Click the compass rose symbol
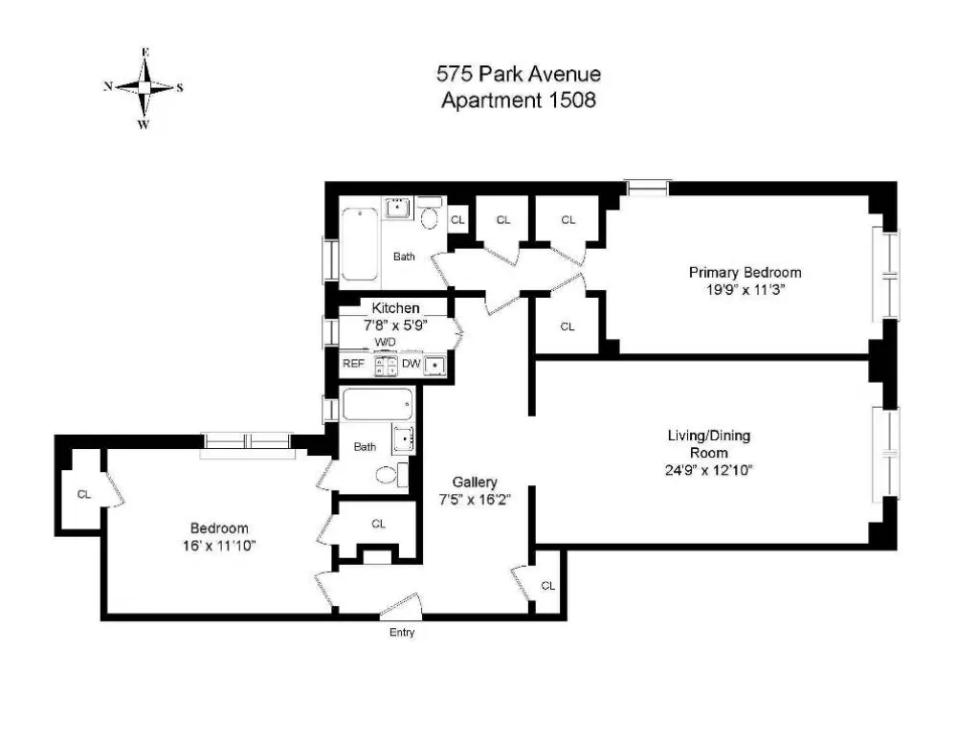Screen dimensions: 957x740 click(x=145, y=88)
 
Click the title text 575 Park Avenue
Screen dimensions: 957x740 click(x=518, y=75)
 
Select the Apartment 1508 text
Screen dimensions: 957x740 click(x=518, y=101)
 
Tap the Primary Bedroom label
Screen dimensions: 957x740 click(x=745, y=272)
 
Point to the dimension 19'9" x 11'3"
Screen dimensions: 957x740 click(x=745, y=290)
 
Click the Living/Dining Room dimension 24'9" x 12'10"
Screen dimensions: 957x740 click(x=708, y=470)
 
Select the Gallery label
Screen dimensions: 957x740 click(x=475, y=482)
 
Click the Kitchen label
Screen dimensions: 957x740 click(x=395, y=307)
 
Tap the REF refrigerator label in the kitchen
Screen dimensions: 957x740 click(x=353, y=364)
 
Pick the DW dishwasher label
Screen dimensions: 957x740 click(x=412, y=364)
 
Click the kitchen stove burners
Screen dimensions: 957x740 click(x=386, y=365)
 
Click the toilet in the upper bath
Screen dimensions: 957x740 click(x=430, y=213)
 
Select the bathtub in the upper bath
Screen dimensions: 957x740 click(x=360, y=243)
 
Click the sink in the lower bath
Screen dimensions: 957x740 click(x=404, y=439)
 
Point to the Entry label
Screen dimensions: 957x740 click(x=402, y=633)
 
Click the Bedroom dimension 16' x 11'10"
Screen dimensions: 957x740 click(x=218, y=546)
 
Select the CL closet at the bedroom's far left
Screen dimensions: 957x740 click(x=83, y=494)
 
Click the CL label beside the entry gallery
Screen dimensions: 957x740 click(x=548, y=586)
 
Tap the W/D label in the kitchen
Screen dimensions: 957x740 click(x=385, y=342)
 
